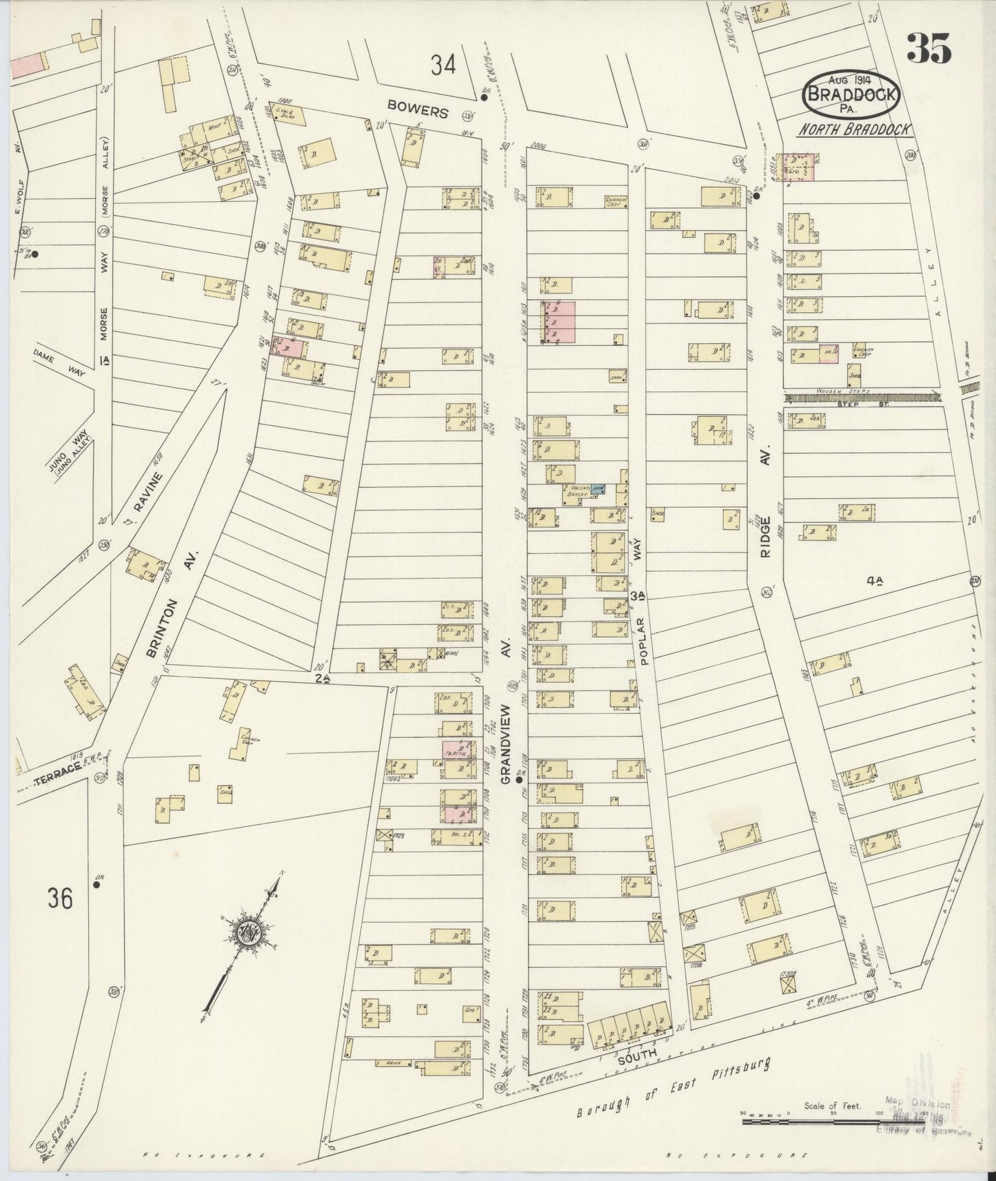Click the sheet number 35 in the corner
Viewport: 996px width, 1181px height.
[x=928, y=48]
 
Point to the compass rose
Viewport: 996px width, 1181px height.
[x=245, y=934]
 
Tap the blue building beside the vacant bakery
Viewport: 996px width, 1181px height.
[x=599, y=488]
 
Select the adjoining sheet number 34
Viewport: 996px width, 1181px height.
[x=443, y=65]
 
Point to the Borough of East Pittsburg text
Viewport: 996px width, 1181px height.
[x=672, y=1096]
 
